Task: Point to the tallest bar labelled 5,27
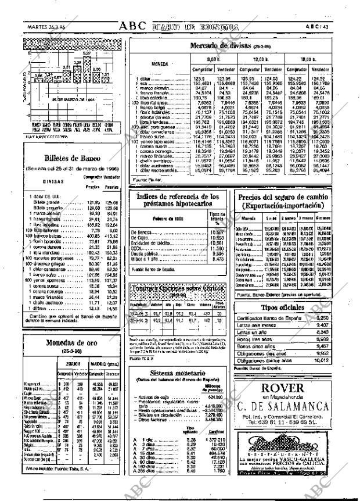click(87, 69)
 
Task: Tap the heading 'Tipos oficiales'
click(283, 307)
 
